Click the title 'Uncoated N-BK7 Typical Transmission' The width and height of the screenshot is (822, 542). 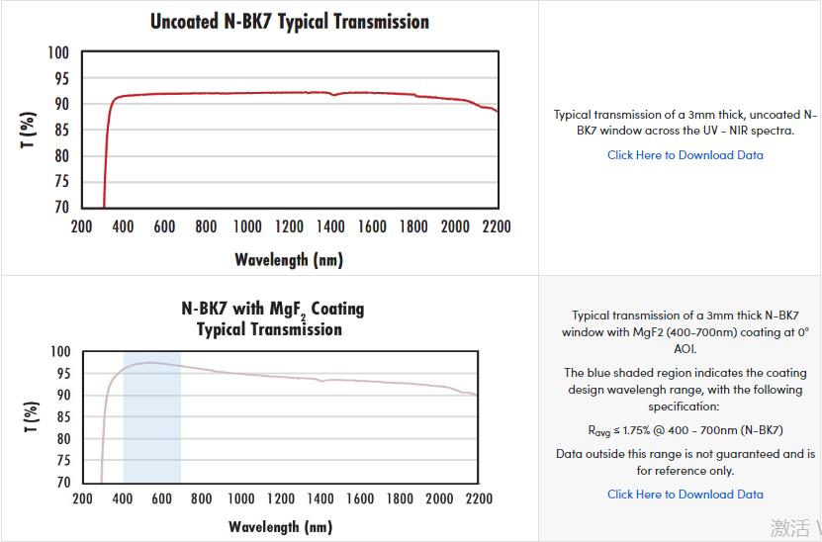pyautogui.click(x=289, y=21)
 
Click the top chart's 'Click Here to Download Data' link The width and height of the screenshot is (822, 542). pyautogui.click(x=685, y=154)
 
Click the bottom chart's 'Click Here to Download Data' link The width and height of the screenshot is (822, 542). pyautogui.click(x=685, y=494)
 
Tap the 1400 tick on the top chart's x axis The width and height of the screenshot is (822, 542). pyautogui.click(x=330, y=226)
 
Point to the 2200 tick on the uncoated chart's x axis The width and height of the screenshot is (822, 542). pyautogui.click(x=496, y=226)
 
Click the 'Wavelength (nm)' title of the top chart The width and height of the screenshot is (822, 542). pyautogui.click(x=289, y=260)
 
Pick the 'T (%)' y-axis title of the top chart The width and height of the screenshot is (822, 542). pyautogui.click(x=29, y=130)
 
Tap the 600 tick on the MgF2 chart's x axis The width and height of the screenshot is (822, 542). pyautogui.click(x=161, y=498)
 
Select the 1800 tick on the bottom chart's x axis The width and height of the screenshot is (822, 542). pyautogui.click(x=399, y=498)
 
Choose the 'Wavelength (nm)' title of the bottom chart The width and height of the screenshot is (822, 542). pyautogui.click(x=280, y=526)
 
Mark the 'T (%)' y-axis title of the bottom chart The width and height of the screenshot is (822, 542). pyautogui.click(x=30, y=417)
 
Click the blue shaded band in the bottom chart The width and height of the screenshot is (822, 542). pyautogui.click(x=151, y=425)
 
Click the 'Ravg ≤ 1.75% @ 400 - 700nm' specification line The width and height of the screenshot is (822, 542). pyautogui.click(x=685, y=430)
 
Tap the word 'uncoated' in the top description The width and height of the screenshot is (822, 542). pyautogui.click(x=769, y=115)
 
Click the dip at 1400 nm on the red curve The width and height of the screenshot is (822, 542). pyautogui.click(x=334, y=95)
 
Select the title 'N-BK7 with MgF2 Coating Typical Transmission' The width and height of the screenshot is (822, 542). pyautogui.click(x=272, y=318)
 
